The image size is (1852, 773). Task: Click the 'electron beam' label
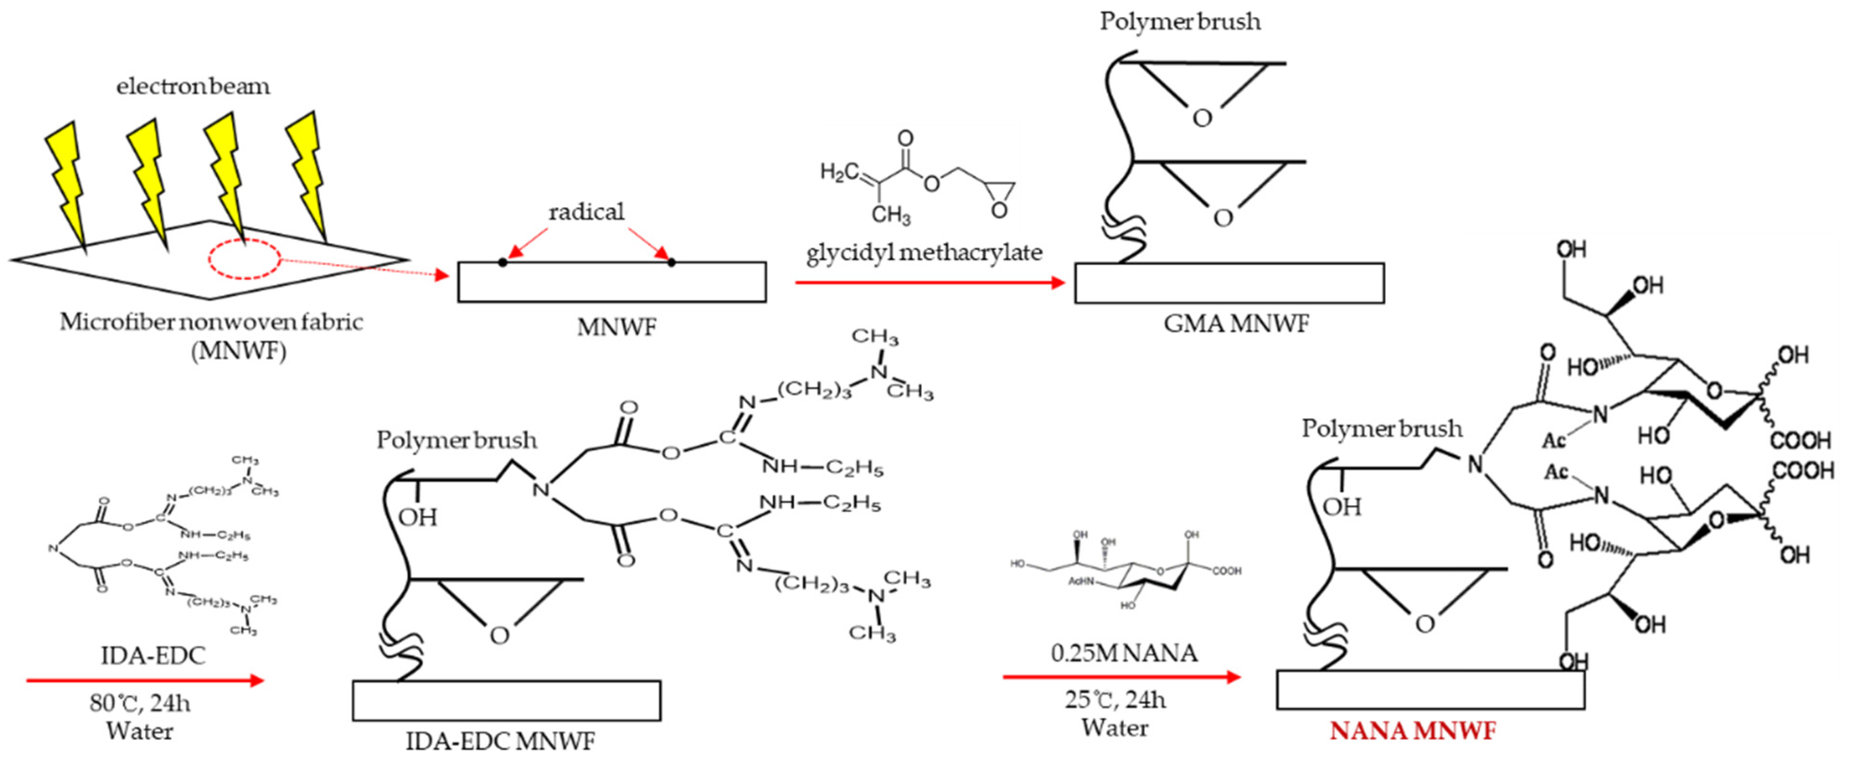tap(193, 86)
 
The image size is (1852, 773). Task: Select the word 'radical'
tap(586, 212)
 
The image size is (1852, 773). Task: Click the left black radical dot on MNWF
tap(503, 263)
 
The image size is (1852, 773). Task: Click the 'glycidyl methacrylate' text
tap(924, 253)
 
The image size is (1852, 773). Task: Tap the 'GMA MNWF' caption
tap(1237, 324)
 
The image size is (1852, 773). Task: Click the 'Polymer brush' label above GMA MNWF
tap(1180, 22)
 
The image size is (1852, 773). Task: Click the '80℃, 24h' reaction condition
tap(140, 703)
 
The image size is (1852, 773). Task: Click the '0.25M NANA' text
tap(1124, 653)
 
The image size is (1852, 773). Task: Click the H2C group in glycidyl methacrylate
tap(839, 172)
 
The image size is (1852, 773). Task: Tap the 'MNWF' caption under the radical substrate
tap(616, 328)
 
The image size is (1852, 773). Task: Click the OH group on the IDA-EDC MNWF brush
tap(418, 518)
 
